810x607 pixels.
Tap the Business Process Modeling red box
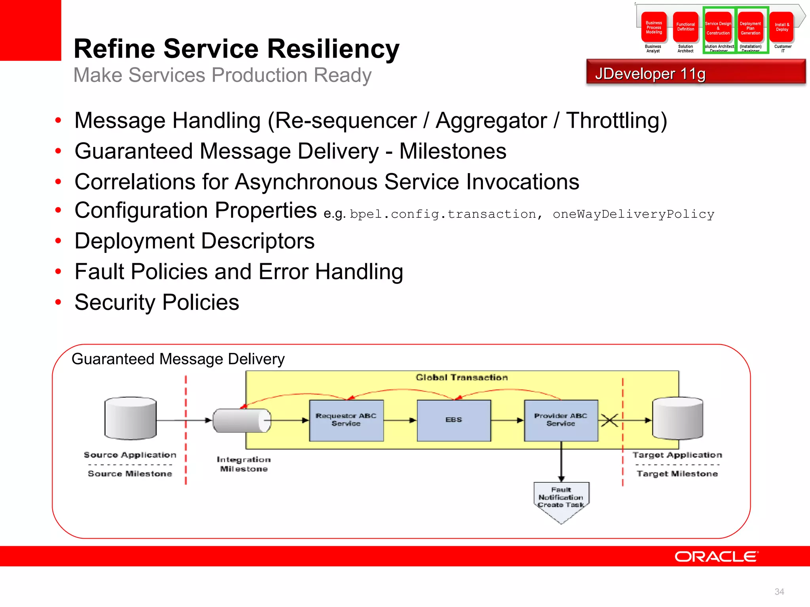(x=654, y=27)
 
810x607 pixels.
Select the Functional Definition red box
(x=685, y=27)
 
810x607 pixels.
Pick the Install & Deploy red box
(x=782, y=27)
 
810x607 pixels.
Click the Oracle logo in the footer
(x=716, y=556)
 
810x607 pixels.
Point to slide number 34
(x=779, y=592)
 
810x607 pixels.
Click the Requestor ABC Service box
(x=346, y=420)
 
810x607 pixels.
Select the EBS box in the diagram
(x=454, y=420)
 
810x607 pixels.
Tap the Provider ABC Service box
(x=561, y=420)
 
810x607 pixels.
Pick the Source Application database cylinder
(x=131, y=418)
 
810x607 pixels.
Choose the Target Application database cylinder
(x=678, y=418)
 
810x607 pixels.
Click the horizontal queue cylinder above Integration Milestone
(x=242, y=420)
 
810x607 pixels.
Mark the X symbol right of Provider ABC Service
(x=609, y=420)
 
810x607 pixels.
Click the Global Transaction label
(x=462, y=377)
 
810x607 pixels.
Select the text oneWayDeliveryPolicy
(x=633, y=214)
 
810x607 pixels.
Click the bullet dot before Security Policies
(x=58, y=302)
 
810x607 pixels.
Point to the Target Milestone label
(x=677, y=473)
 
